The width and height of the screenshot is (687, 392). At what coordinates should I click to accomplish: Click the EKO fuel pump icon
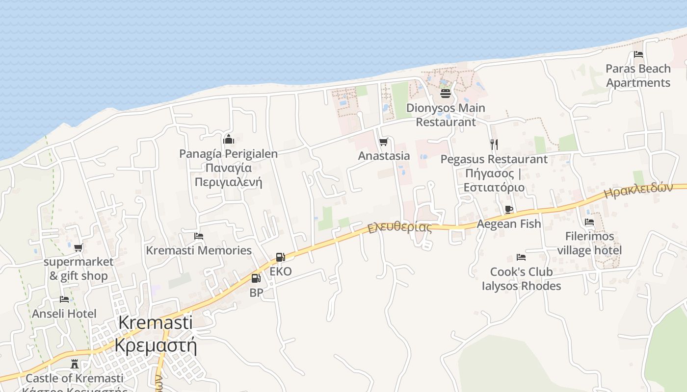pos(280,257)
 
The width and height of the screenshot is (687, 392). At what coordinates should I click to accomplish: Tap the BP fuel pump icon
pos(256,278)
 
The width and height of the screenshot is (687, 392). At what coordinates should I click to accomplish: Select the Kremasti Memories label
pos(199,250)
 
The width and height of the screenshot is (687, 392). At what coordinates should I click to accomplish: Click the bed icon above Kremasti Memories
pos(199,236)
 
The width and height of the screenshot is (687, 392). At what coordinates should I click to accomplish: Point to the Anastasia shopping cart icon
pos(383,142)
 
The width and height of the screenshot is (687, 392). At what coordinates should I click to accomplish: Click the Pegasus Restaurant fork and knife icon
pos(494,144)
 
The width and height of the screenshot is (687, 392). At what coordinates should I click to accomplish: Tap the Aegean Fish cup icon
pos(509,210)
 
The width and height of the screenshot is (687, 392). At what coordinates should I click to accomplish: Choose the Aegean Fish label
pos(509,224)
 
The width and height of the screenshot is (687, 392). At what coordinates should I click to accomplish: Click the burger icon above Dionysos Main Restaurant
pos(446,93)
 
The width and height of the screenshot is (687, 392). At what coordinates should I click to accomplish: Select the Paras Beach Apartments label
pos(638,75)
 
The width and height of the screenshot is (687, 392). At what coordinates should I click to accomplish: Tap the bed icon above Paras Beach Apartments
pos(638,54)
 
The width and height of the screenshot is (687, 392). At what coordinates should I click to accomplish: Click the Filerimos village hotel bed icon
pos(589,222)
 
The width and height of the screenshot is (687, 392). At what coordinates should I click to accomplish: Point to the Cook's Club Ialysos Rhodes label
pos(521,279)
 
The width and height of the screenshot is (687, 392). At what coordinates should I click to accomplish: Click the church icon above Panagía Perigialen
pos(228,140)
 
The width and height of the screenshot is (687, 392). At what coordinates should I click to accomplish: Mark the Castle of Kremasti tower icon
pos(75,364)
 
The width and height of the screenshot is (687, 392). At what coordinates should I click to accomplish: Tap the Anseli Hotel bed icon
pos(64,299)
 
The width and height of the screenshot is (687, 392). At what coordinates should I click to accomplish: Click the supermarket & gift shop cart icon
pos(79,247)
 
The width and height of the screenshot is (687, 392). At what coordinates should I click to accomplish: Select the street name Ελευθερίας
pos(400,228)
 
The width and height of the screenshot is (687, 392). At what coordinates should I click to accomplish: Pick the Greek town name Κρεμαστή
pos(156,345)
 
